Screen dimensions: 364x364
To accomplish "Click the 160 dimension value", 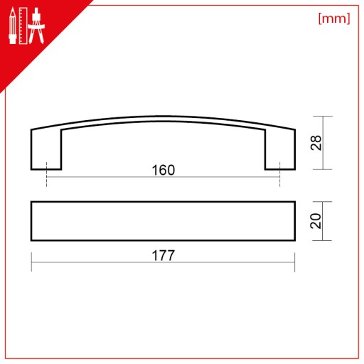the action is pos(164,170).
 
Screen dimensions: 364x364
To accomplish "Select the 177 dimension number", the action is pos(164,255).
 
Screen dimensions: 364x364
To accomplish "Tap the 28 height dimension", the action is pos(316,143).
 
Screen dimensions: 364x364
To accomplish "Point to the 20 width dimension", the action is pos(316,221).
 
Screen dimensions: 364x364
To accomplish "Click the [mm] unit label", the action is pos(334,18).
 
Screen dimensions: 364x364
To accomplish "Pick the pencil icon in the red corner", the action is pos(13,26).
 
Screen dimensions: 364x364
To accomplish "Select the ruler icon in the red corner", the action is pos(23,26).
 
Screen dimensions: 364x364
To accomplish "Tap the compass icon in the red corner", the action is pos(36,26).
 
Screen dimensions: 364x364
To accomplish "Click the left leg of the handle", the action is pos(46,150).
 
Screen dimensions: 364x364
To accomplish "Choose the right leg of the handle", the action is pos(280,150).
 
